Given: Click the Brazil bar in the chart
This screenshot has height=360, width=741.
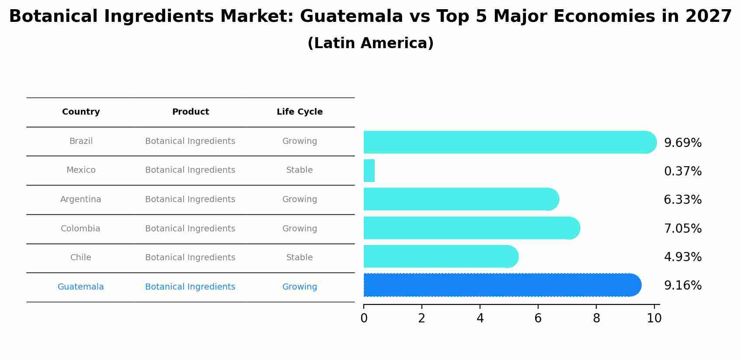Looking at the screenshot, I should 509,142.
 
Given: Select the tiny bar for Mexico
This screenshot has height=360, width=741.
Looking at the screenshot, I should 369,171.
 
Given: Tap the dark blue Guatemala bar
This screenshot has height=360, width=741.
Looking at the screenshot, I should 502,285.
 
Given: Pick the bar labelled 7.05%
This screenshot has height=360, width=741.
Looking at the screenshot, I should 471,228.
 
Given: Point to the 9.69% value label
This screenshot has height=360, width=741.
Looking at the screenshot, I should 682,143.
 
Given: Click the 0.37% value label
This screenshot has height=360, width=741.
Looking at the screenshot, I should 682,171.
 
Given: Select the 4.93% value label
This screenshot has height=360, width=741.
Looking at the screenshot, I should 682,257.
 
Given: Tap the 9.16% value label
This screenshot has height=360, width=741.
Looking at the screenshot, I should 682,286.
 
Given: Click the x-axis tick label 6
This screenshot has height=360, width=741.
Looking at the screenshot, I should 538,318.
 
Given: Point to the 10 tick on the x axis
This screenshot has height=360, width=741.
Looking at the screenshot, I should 654,318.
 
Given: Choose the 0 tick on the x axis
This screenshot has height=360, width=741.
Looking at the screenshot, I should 364,318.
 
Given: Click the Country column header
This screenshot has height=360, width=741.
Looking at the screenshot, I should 81,112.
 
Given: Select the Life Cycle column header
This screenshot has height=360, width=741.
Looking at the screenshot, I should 299,112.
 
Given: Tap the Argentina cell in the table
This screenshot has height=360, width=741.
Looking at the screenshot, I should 81,199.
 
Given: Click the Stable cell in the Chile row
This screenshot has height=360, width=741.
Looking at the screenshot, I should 299,258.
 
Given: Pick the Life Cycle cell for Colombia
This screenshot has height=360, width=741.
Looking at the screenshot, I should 299,229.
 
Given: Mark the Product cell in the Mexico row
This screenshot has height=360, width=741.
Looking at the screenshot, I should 190,170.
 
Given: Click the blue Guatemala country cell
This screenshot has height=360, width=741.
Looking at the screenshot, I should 81,287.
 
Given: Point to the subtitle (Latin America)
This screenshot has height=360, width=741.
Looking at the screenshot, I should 370,43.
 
